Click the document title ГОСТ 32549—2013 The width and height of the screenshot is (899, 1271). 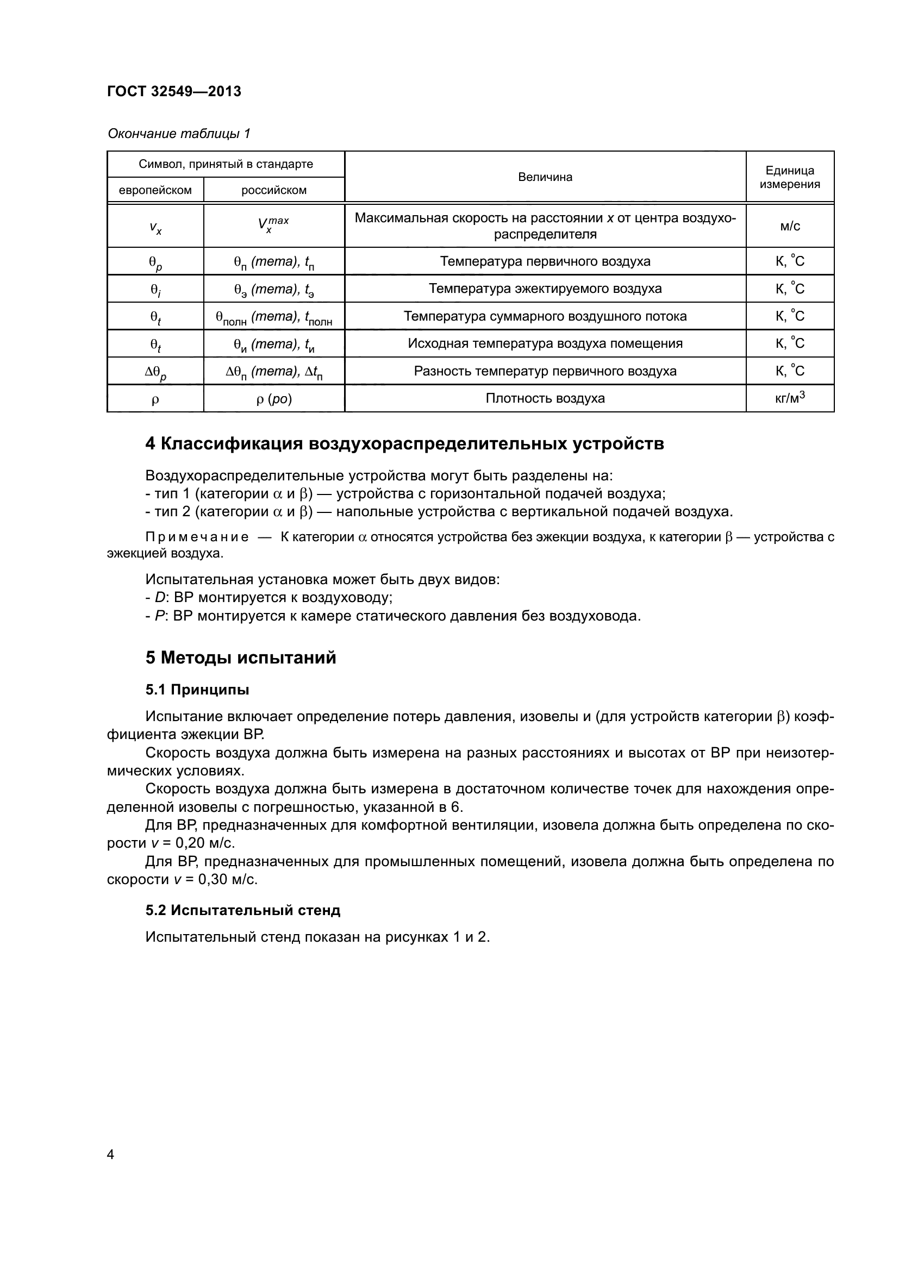click(x=174, y=91)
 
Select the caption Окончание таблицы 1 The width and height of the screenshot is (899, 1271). click(x=179, y=134)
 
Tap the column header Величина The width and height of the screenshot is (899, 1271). click(x=545, y=177)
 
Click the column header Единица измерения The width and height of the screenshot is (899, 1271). click(x=789, y=177)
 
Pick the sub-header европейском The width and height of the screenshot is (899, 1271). click(x=155, y=190)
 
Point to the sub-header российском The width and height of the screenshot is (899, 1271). click(x=273, y=190)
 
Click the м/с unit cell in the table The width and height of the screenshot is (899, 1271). click(x=789, y=226)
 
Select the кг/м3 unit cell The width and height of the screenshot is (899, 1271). click(x=789, y=397)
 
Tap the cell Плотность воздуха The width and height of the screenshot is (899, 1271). click(x=545, y=398)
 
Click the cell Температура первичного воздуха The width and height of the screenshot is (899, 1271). click(x=545, y=261)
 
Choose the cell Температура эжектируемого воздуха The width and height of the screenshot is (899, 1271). click(x=545, y=289)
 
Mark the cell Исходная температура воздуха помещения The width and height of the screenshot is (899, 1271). click(x=545, y=344)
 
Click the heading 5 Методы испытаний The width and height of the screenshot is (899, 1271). click(x=241, y=658)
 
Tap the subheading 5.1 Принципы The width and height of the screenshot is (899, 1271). click(x=197, y=690)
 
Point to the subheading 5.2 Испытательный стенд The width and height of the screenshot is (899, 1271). click(x=242, y=910)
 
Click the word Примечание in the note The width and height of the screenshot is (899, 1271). click(x=197, y=537)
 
